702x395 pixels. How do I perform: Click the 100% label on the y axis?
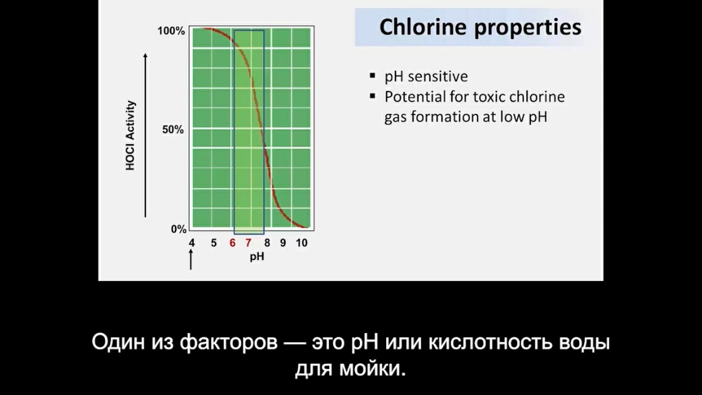[171, 31]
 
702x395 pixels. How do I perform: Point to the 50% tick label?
[173, 130]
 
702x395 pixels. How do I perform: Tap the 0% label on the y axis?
[178, 229]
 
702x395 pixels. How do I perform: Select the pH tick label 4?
[192, 243]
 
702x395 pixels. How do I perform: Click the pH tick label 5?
[214, 243]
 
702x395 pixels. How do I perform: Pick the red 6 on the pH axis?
[233, 243]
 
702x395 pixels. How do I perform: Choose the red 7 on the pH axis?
[248, 243]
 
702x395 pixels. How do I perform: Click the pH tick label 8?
[267, 243]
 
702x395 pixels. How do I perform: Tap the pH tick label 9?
[283, 243]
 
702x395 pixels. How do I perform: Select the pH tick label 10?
[301, 243]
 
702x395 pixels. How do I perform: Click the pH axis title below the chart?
[257, 256]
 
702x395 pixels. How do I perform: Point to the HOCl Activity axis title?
[130, 135]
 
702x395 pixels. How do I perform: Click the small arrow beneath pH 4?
[191, 260]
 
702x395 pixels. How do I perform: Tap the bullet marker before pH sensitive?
[372, 75]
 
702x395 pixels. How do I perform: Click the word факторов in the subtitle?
[229, 342]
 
